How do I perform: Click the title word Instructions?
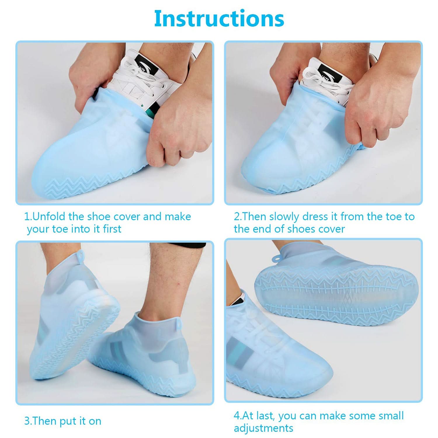coord(219,18)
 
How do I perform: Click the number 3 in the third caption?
coord(27,421)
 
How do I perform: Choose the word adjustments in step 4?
coord(263,428)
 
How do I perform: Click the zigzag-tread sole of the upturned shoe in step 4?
coord(336,295)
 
